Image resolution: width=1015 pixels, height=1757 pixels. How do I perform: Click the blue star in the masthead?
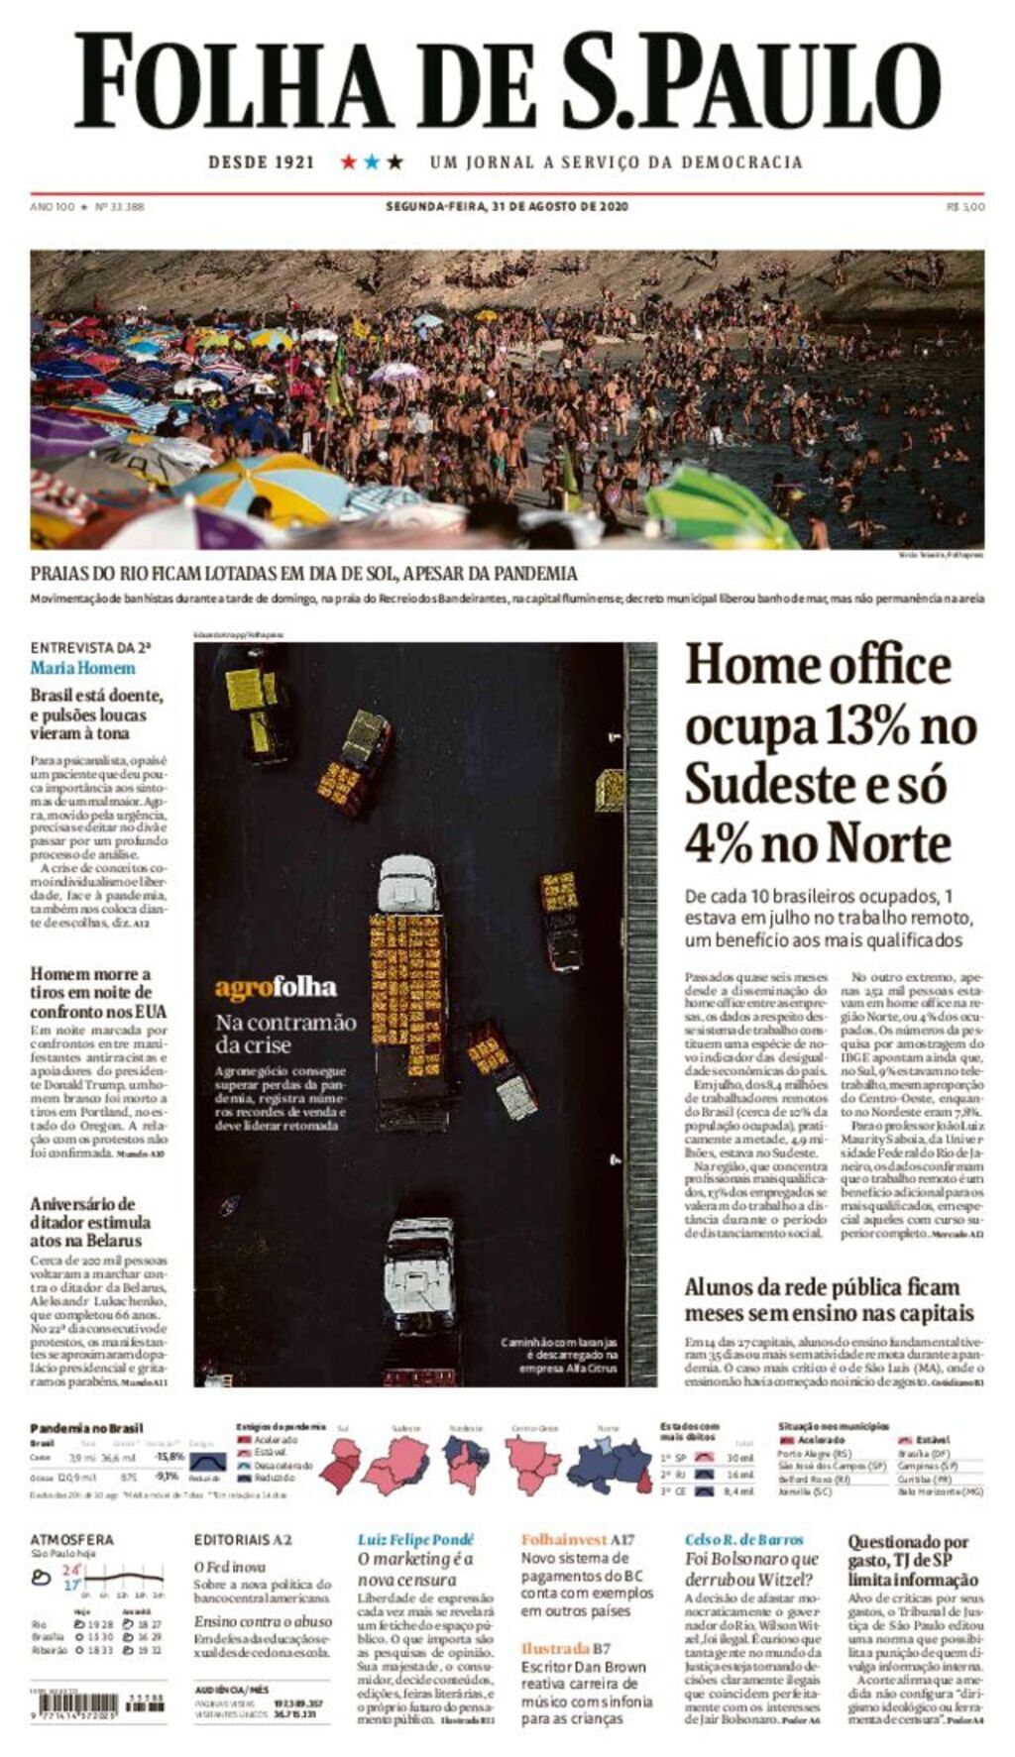[x=372, y=162]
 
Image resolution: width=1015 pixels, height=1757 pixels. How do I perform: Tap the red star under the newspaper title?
[x=348, y=162]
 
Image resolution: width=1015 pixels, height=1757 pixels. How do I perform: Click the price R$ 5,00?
[x=965, y=207]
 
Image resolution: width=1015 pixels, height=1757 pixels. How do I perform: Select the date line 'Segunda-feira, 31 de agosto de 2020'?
[x=507, y=207]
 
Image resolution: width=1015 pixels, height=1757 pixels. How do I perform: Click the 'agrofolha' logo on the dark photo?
[x=276, y=988]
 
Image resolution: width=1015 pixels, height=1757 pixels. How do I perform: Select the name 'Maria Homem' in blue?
[x=82, y=668]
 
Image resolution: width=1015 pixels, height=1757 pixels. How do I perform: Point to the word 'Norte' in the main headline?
[x=888, y=844]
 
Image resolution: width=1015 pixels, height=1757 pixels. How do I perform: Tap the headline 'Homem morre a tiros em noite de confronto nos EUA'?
[x=98, y=992]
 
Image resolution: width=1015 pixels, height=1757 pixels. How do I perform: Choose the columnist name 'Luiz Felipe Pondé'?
[x=415, y=1540]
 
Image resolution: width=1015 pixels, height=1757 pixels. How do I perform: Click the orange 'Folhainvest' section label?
[x=563, y=1540]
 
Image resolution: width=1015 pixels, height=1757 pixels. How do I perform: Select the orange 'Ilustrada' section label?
[x=555, y=1649]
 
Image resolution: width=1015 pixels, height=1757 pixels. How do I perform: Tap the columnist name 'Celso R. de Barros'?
[x=744, y=1540]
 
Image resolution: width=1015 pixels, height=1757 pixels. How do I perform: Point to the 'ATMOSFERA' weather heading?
[x=71, y=1540]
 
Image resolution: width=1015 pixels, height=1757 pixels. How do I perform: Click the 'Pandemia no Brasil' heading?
[x=86, y=1428]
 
